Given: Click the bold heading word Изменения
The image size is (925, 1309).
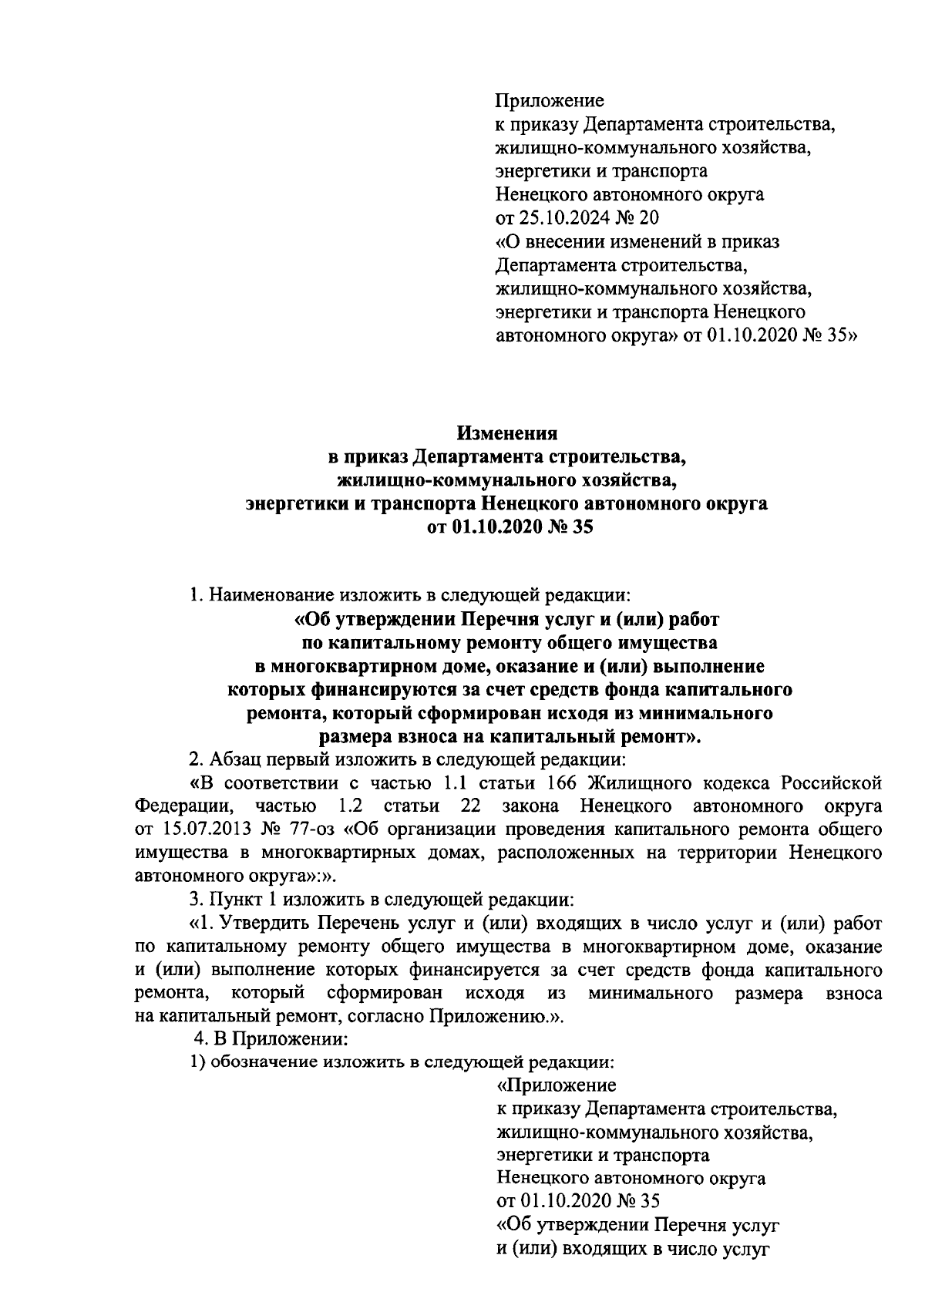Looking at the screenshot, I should click(506, 432).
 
